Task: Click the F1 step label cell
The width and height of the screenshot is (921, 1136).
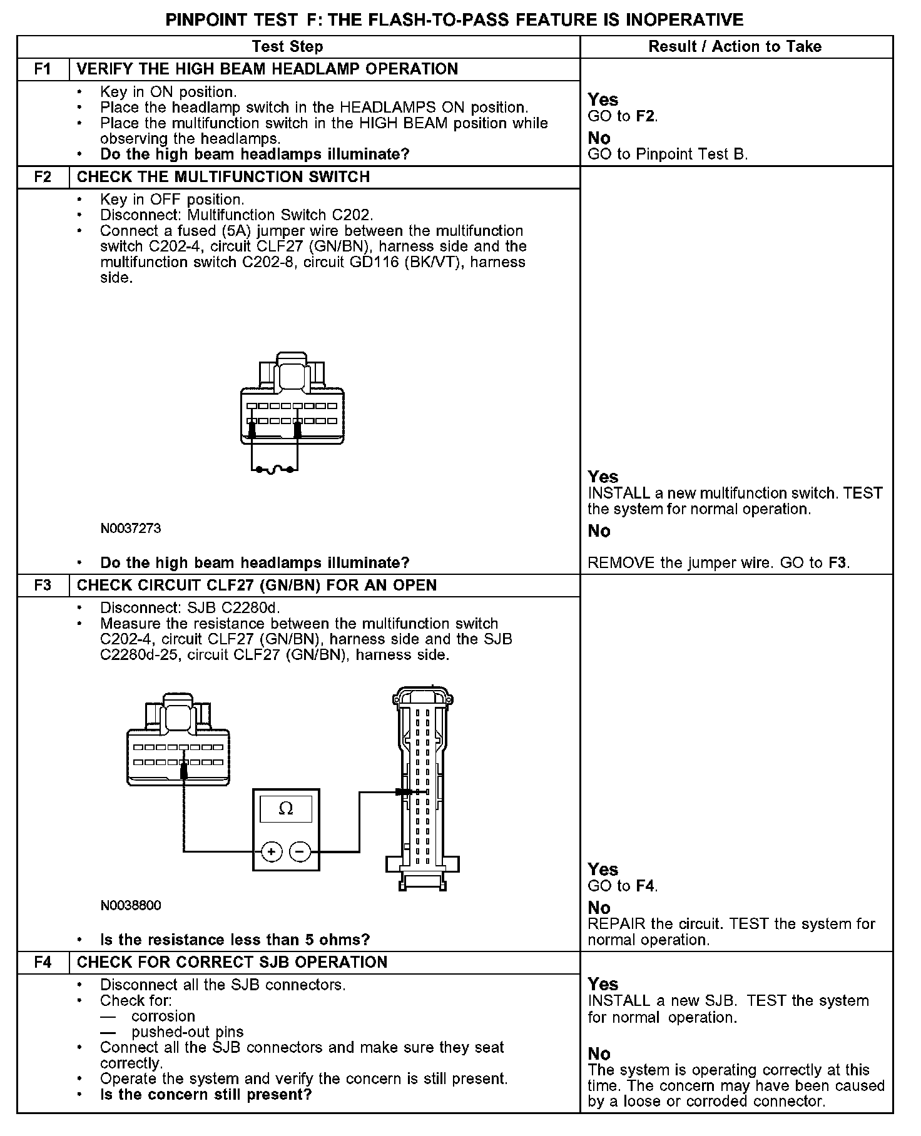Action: [x=43, y=69]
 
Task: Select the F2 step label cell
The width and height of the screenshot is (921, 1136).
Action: [x=43, y=177]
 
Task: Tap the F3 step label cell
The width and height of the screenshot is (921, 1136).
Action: [x=43, y=586]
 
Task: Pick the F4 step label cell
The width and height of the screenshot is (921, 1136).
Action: [x=43, y=962]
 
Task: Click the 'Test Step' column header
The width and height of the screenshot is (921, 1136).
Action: [x=287, y=46]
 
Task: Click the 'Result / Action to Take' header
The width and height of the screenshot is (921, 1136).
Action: [x=735, y=46]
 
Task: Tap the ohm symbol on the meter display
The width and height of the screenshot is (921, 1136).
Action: [x=286, y=809]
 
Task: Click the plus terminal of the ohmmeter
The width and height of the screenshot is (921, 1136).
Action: [x=271, y=851]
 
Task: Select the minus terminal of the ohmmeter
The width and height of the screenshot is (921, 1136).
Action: [x=300, y=851]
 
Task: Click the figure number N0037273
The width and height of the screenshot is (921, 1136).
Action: [x=130, y=529]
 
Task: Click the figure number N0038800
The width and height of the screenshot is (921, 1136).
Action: [x=130, y=905]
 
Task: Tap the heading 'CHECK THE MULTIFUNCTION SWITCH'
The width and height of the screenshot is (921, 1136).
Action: [x=223, y=177]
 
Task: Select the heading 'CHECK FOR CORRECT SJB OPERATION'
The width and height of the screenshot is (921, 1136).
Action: [x=232, y=962]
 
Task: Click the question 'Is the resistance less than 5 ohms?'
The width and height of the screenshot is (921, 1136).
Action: [x=235, y=940]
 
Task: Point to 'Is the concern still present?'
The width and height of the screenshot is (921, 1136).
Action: [x=206, y=1094]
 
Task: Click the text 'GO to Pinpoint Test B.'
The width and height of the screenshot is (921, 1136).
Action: [x=668, y=155]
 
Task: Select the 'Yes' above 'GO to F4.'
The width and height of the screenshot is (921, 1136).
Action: [x=603, y=870]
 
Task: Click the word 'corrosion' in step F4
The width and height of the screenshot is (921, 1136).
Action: [x=163, y=1016]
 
